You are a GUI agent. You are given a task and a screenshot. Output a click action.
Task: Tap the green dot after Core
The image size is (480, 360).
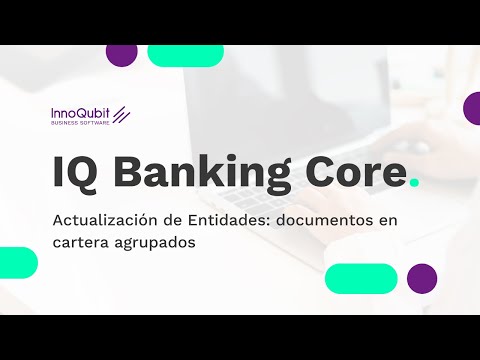[415, 183]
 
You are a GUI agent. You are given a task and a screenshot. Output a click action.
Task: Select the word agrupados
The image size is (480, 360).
[161, 243]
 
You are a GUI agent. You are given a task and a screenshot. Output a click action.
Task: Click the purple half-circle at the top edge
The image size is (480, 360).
[121, 54]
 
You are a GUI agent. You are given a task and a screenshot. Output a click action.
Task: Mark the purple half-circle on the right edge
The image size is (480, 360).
[472, 108]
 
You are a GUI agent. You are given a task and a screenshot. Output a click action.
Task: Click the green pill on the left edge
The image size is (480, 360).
[17, 262]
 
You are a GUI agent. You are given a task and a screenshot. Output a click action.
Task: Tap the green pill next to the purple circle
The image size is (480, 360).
[361, 278]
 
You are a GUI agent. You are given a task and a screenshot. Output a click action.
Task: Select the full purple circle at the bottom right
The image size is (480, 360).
[422, 278]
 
